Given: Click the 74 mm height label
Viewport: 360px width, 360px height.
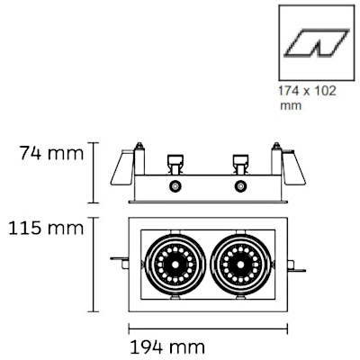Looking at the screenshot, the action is pyautogui.click(x=51, y=153).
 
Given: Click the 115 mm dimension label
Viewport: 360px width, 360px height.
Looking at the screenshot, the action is pyautogui.click(x=46, y=228).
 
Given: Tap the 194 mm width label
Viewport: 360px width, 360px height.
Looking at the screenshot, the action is pyautogui.click(x=167, y=347).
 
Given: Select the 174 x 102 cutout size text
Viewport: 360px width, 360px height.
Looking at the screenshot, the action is pyautogui.click(x=308, y=91).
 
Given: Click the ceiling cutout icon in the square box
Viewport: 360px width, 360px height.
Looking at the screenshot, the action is pyautogui.click(x=317, y=43).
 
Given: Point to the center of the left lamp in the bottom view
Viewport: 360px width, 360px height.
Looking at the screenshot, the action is pyautogui.click(x=175, y=265).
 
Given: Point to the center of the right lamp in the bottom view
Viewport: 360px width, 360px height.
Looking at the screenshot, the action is pyautogui.click(x=240, y=265).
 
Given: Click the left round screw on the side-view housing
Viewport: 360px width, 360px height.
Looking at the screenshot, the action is pyautogui.click(x=175, y=186).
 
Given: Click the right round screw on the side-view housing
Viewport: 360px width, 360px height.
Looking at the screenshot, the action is pyautogui.click(x=240, y=186).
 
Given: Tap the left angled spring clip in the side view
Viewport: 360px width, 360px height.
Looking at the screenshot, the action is pyautogui.click(x=122, y=167).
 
